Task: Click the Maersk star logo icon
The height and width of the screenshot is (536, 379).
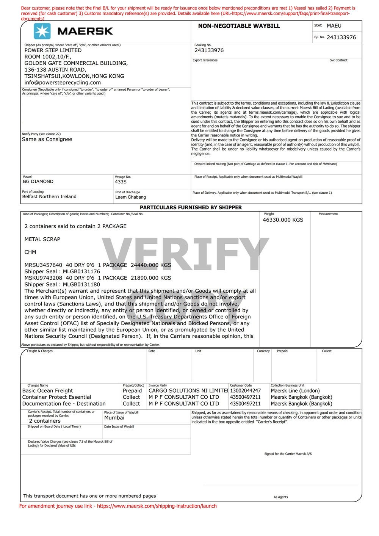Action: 42,31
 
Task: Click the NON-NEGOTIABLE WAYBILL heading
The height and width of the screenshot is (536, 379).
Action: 239,26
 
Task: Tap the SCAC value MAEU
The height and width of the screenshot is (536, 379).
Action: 334,26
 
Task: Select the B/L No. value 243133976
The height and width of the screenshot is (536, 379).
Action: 341,37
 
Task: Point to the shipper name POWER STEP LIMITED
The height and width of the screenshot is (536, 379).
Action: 53,50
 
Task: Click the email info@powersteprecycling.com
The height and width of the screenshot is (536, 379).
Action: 63,82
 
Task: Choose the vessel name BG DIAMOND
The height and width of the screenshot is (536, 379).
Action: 38,182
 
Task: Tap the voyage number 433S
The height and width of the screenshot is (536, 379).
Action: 121,182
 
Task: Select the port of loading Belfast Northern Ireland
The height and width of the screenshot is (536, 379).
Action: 49,197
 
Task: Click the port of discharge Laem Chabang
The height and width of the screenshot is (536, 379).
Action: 130,197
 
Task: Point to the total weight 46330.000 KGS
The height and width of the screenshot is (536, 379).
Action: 283,220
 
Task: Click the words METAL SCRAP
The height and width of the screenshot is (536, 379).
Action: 42,239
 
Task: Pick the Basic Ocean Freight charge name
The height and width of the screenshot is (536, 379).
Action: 47,391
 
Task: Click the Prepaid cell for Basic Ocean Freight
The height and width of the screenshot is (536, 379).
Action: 132,391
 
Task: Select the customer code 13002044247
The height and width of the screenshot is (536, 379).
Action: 245,391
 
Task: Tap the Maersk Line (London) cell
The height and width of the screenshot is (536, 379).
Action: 295,391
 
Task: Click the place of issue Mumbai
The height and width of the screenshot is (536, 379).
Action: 114,418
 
